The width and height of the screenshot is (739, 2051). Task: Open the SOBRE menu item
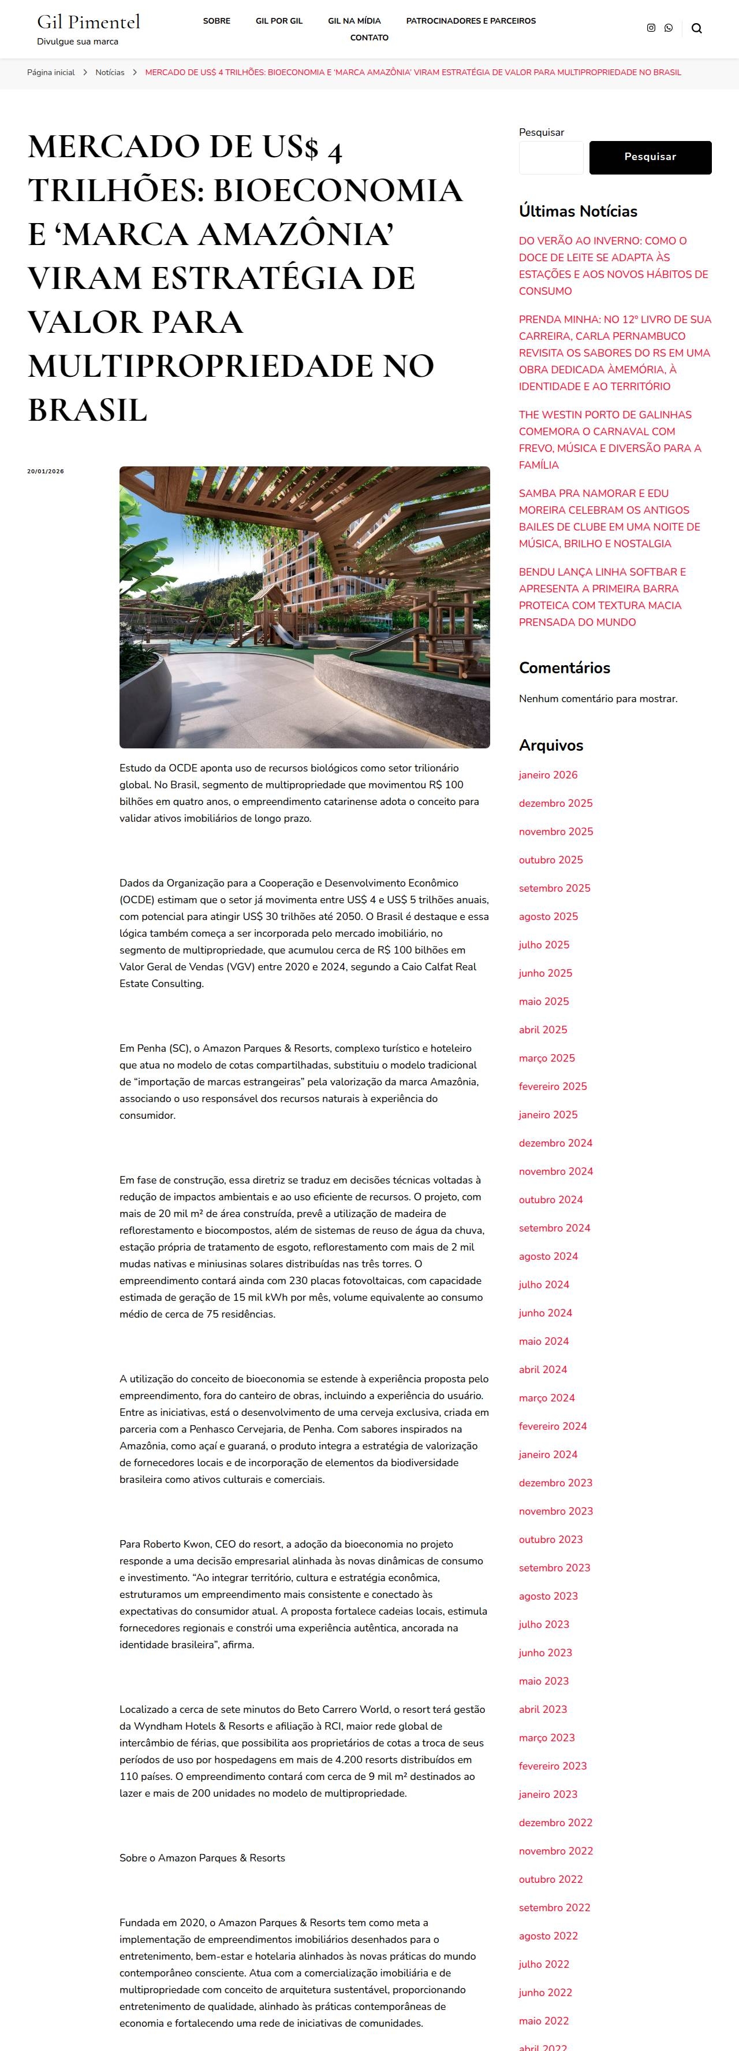[x=217, y=21]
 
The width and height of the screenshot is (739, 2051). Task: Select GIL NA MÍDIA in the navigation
[x=354, y=21]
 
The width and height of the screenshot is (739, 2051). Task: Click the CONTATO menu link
[x=369, y=38]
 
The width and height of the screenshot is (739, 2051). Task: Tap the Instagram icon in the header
[x=651, y=28]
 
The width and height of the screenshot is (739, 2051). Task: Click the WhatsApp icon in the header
[x=668, y=28]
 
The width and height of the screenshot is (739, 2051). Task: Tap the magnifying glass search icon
[x=697, y=29]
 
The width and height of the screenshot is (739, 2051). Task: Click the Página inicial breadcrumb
[x=51, y=72]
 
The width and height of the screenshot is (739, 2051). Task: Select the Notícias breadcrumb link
[x=110, y=72]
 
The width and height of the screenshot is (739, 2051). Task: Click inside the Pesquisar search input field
[x=550, y=158]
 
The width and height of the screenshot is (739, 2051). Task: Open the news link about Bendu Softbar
[x=602, y=596]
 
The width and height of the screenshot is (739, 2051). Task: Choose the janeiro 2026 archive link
[x=548, y=775]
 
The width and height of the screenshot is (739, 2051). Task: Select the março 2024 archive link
[x=547, y=1397]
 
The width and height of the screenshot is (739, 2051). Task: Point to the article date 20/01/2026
[x=46, y=472]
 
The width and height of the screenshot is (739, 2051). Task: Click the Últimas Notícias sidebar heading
[x=577, y=211]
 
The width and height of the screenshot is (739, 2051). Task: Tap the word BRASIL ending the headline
[x=88, y=410]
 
